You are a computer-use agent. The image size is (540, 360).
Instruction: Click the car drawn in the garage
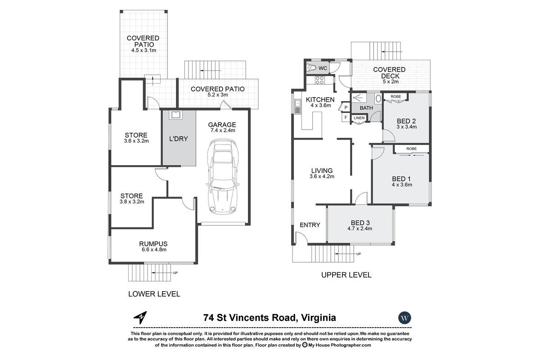pyautogui.click(x=222, y=176)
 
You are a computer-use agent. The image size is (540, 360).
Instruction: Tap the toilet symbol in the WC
pyautogui.click(x=311, y=68)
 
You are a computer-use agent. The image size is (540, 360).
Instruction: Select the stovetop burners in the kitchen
pyautogui.click(x=319, y=80)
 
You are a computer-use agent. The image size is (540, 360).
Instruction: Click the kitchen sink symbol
pyautogui.click(x=297, y=106)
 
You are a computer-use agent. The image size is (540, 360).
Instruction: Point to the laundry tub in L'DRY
pyautogui.click(x=176, y=115)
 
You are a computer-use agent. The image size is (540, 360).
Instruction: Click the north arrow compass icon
pyautogui.click(x=140, y=317)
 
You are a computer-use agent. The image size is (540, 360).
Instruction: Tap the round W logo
pyautogui.click(x=405, y=318)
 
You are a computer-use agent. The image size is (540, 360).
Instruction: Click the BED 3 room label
pyautogui.click(x=360, y=223)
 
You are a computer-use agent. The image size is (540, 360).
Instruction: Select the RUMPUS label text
pyautogui.click(x=153, y=244)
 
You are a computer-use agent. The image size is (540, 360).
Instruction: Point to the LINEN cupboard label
pyautogui.click(x=359, y=118)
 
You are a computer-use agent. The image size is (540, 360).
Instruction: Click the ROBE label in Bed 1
pyautogui.click(x=411, y=149)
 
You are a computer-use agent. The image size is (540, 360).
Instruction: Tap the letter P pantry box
pyautogui.click(x=346, y=108)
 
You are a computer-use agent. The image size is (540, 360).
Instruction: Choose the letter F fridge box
pyautogui.click(x=346, y=117)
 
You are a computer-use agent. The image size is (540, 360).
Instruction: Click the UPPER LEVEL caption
pyautogui.click(x=346, y=275)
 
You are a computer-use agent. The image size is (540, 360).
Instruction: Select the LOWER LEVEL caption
pyautogui.click(x=154, y=294)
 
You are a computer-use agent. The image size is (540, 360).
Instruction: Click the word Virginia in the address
pyautogui.click(x=319, y=318)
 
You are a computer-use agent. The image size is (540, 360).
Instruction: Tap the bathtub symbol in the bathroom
pyautogui.click(x=378, y=99)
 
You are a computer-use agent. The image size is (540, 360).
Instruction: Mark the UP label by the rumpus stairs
pyautogui.click(x=175, y=273)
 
